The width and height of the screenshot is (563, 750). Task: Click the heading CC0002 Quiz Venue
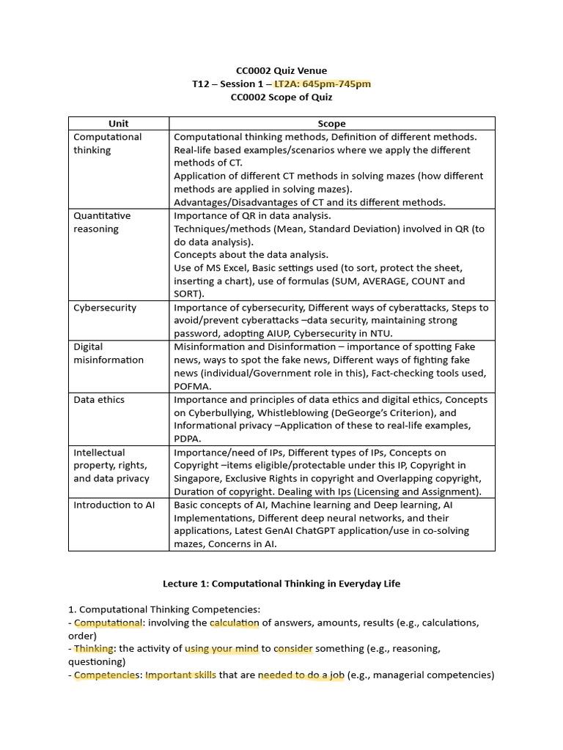pos(281,70)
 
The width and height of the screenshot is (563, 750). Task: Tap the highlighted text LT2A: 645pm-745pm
pos(322,83)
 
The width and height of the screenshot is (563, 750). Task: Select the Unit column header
pos(118,124)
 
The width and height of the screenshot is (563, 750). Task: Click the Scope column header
pos(331,124)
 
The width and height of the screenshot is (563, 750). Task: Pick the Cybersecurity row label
pos(105,308)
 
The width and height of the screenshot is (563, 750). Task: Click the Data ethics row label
pos(99,399)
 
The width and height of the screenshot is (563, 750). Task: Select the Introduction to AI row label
pos(114,505)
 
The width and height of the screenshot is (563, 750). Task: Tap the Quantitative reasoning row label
pos(102,222)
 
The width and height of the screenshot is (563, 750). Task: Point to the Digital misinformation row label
pos(108,353)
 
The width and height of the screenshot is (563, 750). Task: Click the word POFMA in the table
pos(192,386)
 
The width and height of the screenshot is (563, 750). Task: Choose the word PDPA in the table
pos(187,439)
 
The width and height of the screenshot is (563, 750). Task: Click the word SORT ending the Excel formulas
pos(187,294)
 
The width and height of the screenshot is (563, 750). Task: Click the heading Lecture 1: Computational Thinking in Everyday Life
pos(281,584)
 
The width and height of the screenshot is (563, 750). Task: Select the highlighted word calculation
pos(234,623)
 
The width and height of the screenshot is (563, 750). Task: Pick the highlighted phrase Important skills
pos(180,675)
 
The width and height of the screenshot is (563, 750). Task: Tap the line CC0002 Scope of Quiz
pos(281,97)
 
